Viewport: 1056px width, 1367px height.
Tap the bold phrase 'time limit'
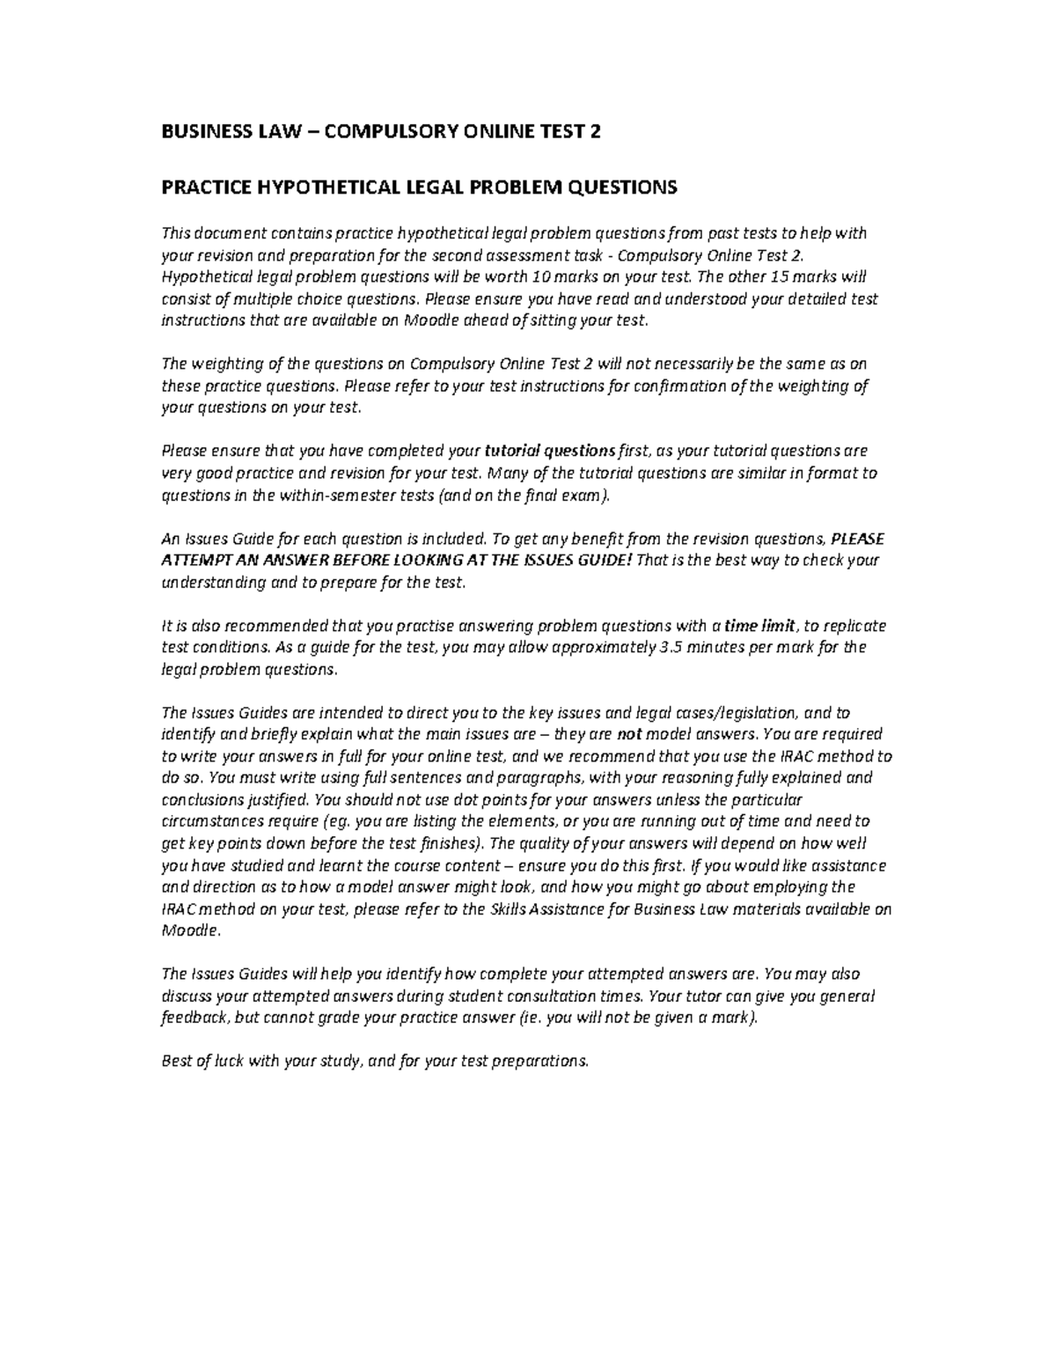click(759, 626)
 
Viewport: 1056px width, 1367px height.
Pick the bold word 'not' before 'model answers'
click(627, 734)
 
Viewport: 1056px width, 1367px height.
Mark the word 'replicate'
click(854, 626)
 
